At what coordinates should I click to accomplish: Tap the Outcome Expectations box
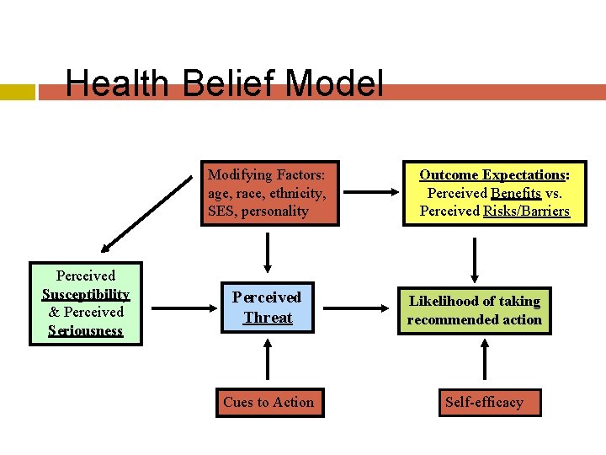click(x=495, y=193)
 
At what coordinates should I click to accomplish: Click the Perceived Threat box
click(x=268, y=308)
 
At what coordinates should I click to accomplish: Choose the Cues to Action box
click(x=268, y=402)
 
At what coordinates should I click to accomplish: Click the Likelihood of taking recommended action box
click(x=475, y=310)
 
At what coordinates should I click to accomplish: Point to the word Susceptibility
click(x=86, y=294)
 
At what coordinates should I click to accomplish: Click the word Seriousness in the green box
click(x=86, y=330)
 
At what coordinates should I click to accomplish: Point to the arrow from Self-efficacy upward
click(x=484, y=361)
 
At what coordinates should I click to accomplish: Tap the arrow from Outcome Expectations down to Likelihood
click(x=476, y=258)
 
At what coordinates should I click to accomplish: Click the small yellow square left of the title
click(x=18, y=91)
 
